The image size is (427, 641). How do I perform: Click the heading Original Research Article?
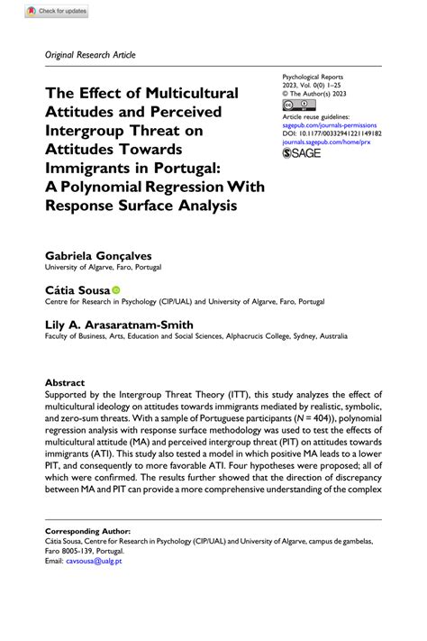tap(90, 55)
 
